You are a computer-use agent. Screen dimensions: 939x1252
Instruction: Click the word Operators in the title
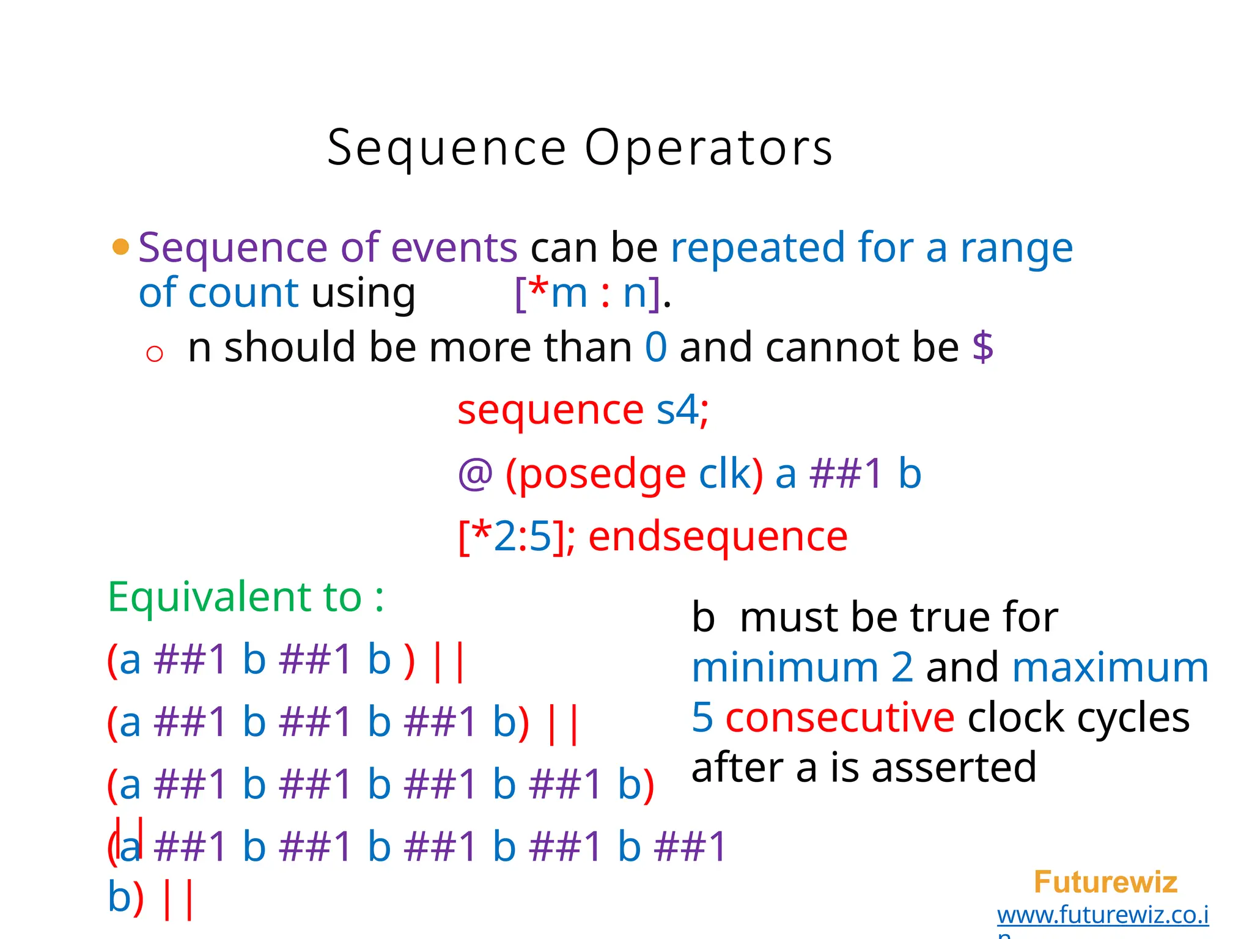tap(709, 149)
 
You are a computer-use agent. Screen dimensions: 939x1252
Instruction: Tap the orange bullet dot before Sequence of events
tap(121, 247)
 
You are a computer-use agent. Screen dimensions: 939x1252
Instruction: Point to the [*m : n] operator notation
tap(587, 293)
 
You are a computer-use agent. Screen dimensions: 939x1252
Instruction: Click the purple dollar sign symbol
tap(982, 347)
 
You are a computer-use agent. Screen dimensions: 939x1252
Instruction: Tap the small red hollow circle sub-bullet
tap(155, 354)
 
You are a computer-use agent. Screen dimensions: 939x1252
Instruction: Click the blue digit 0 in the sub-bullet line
tap(656, 347)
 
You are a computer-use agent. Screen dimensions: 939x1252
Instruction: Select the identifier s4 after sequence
tap(677, 410)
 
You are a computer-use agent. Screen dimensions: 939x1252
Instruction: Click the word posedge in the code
tap(602, 474)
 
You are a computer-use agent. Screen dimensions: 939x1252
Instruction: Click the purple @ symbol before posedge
tap(475, 474)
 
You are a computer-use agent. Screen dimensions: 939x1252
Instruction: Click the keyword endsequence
tap(718, 537)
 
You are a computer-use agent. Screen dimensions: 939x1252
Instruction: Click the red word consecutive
tap(840, 717)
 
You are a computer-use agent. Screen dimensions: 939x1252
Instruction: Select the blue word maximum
tap(1110, 668)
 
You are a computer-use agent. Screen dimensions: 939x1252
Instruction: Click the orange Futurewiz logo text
tap(1105, 882)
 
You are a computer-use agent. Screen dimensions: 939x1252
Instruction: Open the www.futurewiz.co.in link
tap(1102, 915)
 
